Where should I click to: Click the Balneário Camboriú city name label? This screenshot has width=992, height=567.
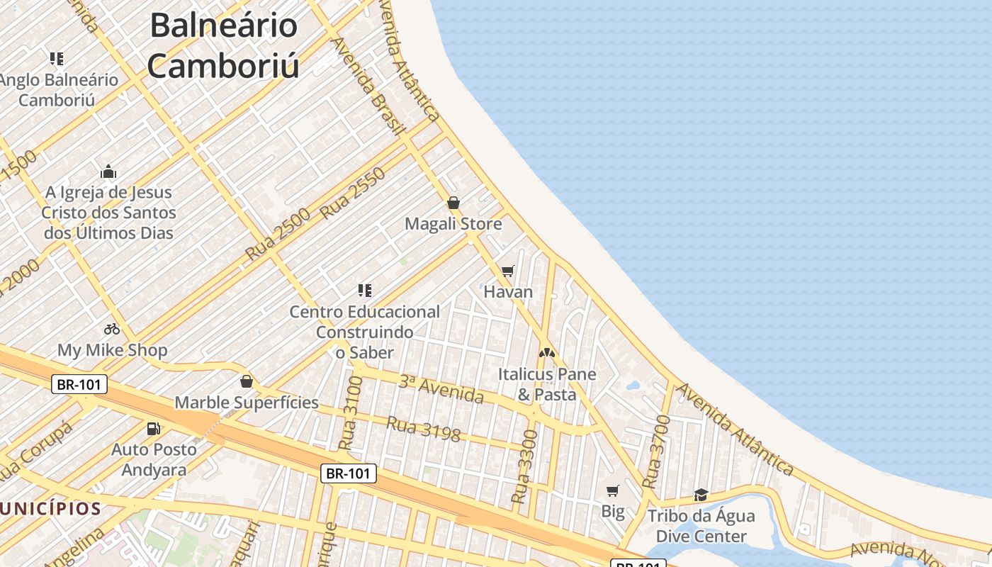tap(223, 46)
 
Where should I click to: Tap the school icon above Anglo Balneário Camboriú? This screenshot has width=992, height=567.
tap(57, 59)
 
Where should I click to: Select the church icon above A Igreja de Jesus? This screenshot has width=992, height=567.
tap(108, 172)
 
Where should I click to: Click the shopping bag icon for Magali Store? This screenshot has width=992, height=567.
tap(453, 203)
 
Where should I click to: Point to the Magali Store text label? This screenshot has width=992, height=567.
tap(453, 224)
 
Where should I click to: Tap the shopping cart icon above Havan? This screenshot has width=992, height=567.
tap(507, 271)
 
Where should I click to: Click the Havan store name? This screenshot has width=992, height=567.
tap(508, 291)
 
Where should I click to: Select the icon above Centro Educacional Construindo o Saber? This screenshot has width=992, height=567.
tap(365, 290)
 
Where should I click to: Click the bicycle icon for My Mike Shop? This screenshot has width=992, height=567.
tap(112, 329)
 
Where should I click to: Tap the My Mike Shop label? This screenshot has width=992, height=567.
tap(113, 350)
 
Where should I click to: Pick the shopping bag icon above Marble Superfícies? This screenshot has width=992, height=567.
tap(247, 382)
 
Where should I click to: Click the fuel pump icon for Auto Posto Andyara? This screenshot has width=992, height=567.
tap(153, 428)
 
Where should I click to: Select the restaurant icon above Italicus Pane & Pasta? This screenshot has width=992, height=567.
tap(546, 352)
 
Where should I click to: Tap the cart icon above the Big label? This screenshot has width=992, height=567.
tap(613, 490)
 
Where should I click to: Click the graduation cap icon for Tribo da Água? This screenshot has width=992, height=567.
tap(701, 495)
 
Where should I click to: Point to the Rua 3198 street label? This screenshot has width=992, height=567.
tap(424, 429)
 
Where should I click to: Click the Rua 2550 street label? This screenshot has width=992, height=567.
tap(352, 193)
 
